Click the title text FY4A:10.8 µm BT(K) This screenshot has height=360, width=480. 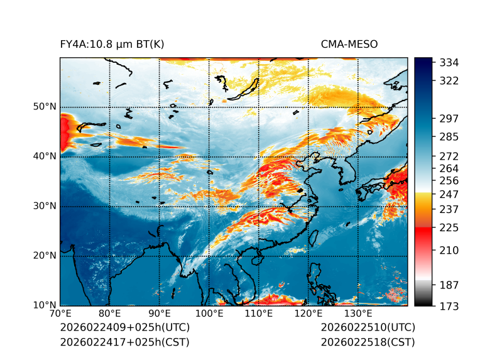pyautogui.click(x=112, y=45)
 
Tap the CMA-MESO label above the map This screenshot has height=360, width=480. pyautogui.click(x=349, y=45)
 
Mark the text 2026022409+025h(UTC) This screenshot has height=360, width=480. pyautogui.click(x=124, y=328)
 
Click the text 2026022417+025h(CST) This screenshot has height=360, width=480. pyautogui.click(x=124, y=342)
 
